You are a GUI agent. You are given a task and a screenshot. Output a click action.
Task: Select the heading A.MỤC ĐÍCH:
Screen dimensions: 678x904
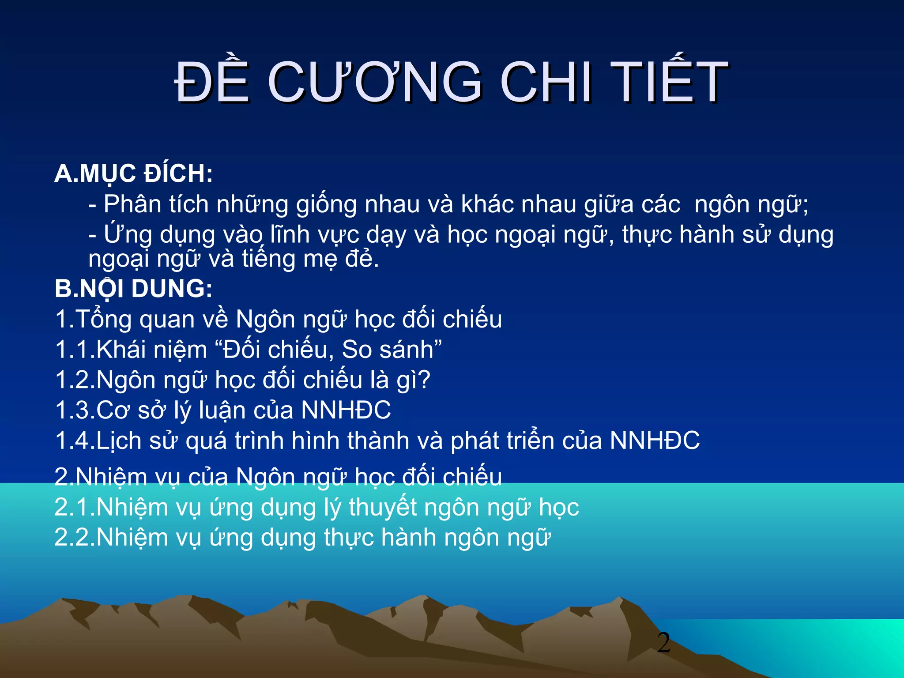(133, 173)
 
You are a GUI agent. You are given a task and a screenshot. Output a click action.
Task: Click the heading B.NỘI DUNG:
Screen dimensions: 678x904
(133, 289)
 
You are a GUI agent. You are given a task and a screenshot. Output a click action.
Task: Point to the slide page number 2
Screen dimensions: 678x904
(663, 643)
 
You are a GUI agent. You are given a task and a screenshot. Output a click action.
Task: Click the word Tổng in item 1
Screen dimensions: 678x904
(103, 320)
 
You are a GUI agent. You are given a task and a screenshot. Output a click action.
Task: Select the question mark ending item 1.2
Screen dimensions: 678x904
(424, 380)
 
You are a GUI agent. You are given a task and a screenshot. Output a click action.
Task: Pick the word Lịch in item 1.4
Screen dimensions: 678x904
(118, 441)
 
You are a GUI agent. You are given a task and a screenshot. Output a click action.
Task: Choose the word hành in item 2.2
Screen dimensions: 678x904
(408, 538)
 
